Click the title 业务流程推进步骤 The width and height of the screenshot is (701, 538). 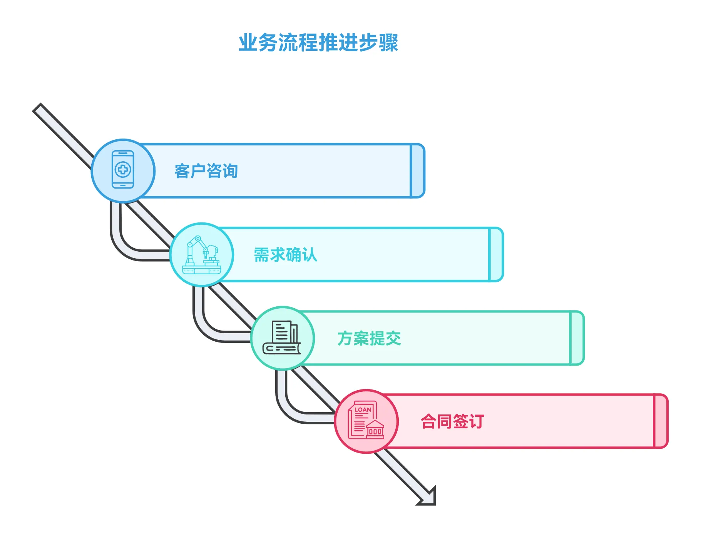point(318,42)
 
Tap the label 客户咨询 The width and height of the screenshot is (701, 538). point(206,171)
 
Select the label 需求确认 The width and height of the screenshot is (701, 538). point(285,255)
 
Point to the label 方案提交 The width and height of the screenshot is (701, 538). point(369,338)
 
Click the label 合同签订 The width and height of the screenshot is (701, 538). point(452,421)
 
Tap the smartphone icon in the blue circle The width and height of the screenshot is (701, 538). point(123,170)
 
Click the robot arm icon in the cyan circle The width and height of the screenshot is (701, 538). point(202,255)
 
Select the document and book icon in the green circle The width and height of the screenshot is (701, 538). point(282,338)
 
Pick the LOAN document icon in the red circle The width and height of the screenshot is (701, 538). point(366,421)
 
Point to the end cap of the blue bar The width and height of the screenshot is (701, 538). point(418,170)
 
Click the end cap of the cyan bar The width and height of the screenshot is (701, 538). point(496,254)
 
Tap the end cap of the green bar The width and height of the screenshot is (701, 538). point(577,338)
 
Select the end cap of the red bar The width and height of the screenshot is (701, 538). point(661,421)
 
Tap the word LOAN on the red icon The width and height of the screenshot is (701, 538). point(363,409)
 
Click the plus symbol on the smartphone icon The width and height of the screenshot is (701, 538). point(123,169)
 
